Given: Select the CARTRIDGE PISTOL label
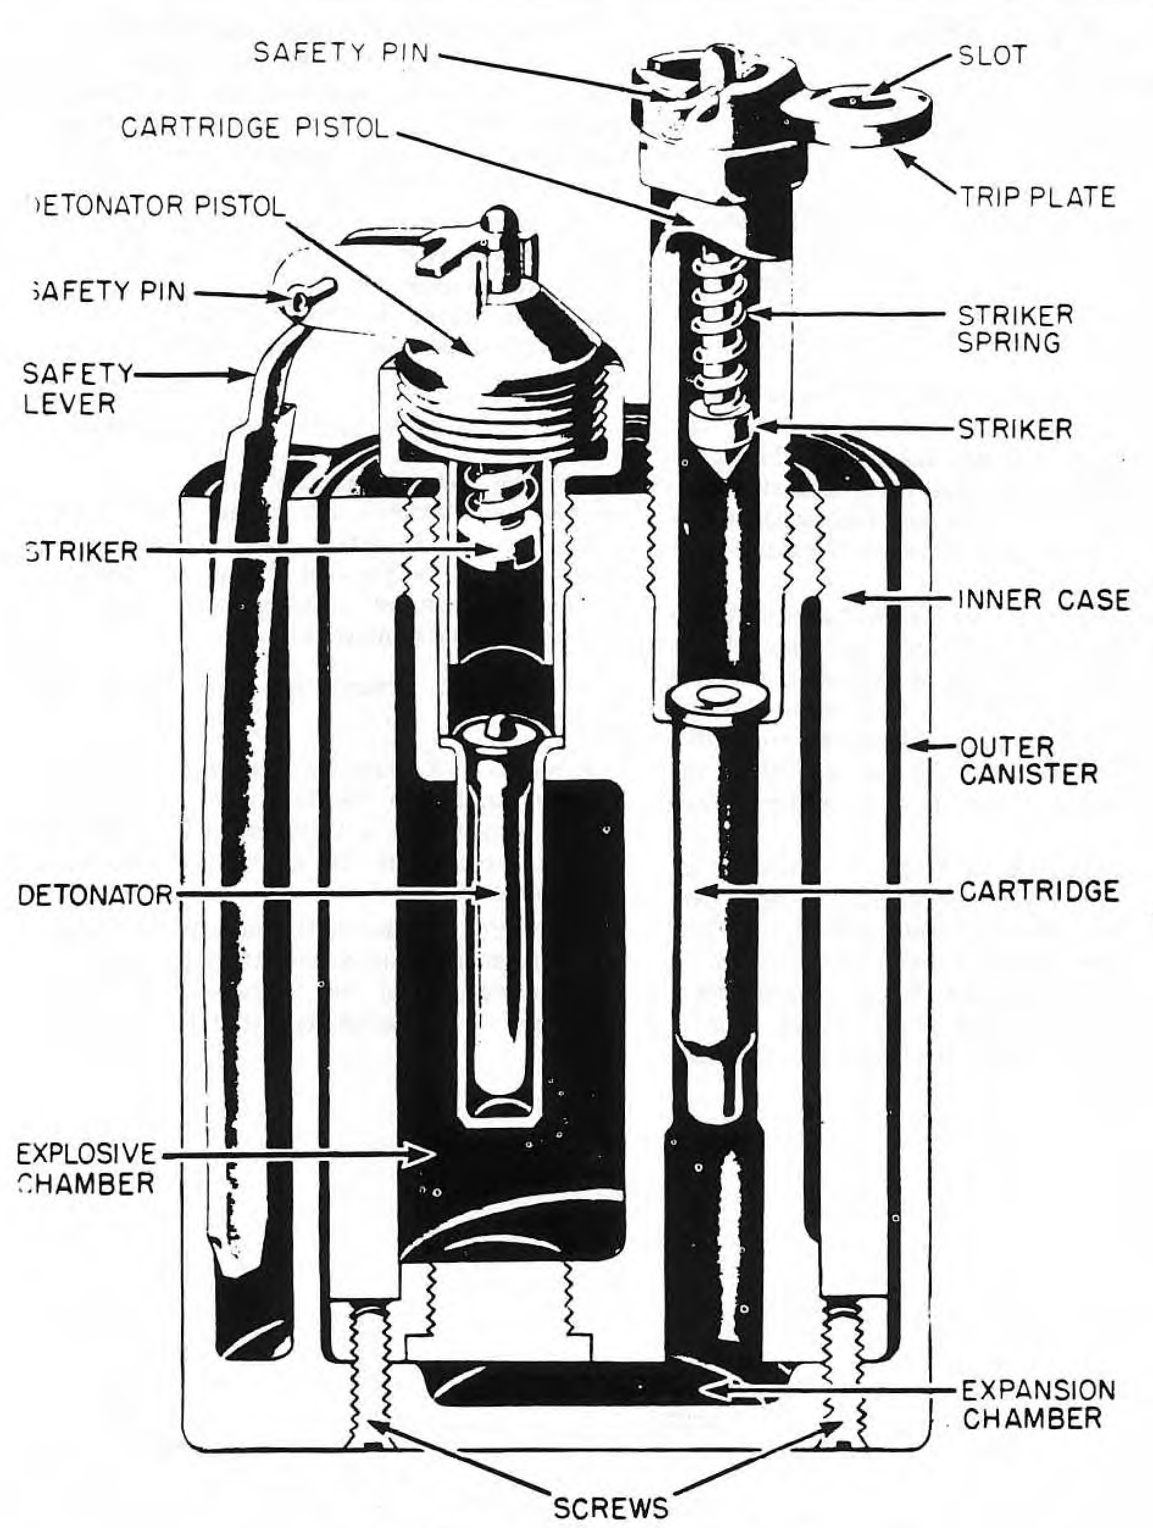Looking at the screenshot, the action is pos(255,128).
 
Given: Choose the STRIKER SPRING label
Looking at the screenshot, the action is pos(1015,329).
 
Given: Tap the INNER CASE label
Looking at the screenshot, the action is pos(1044,600).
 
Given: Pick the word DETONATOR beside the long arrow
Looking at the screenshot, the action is pos(95,895).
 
